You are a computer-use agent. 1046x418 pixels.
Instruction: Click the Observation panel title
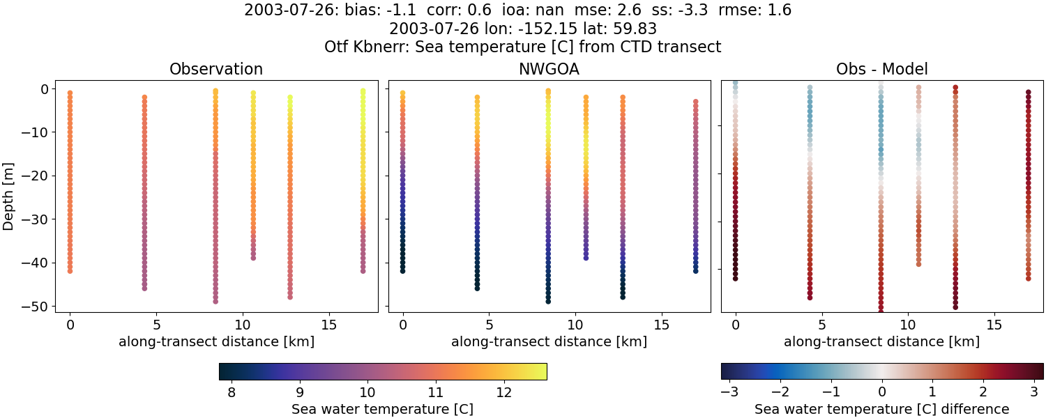click(x=216, y=70)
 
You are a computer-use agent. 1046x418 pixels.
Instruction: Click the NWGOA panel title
click(x=549, y=70)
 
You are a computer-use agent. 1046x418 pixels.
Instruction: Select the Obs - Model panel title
click(x=881, y=70)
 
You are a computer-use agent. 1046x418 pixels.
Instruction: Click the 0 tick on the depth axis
click(x=43, y=89)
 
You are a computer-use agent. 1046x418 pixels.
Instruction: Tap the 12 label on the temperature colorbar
click(x=503, y=392)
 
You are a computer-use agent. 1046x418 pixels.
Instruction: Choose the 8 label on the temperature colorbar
click(x=232, y=392)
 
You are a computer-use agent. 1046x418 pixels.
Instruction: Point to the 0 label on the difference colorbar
click(x=882, y=392)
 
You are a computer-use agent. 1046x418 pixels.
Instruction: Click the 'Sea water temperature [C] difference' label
click(x=881, y=410)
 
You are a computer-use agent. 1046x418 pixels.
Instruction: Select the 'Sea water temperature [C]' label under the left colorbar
click(x=382, y=410)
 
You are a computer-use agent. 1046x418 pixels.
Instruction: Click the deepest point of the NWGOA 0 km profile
click(x=402, y=271)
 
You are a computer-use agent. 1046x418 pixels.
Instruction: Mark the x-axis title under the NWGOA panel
click(x=549, y=342)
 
